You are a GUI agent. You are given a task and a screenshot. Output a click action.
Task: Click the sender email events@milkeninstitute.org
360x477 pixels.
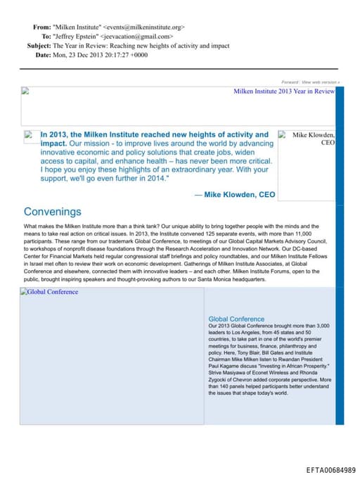click(144, 27)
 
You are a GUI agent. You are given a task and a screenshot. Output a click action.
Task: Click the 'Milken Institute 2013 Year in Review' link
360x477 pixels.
click(284, 91)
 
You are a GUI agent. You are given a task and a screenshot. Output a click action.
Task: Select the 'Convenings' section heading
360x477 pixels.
click(52, 211)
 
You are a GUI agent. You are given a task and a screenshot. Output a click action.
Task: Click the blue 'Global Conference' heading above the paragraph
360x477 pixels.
click(236, 319)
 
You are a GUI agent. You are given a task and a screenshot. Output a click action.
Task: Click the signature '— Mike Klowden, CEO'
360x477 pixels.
click(235, 194)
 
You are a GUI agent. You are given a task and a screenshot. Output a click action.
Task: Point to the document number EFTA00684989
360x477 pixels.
click(330, 469)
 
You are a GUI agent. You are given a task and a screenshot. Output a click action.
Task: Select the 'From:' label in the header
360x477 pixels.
click(41, 27)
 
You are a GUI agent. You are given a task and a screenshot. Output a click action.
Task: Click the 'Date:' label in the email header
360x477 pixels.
click(43, 55)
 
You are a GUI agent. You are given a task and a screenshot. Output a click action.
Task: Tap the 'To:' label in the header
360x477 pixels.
click(46, 36)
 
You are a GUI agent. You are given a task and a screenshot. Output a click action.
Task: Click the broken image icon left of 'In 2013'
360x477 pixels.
click(29, 134)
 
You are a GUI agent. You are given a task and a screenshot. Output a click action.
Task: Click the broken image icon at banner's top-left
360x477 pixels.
click(25, 91)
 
